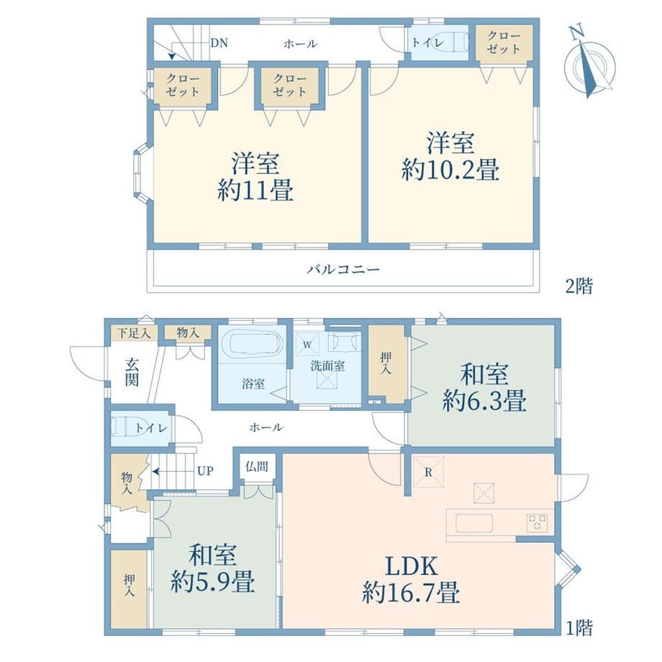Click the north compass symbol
(x=589, y=63)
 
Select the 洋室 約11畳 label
(x=255, y=177)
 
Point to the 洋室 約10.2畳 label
(x=450, y=156)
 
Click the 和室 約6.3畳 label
(x=484, y=387)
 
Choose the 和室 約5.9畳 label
(x=212, y=568)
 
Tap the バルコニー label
(x=343, y=269)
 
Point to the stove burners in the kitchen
(x=538, y=522)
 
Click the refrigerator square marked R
(x=428, y=471)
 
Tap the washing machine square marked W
(x=308, y=345)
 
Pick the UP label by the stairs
(x=206, y=471)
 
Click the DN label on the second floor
(x=219, y=42)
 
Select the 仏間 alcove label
(x=257, y=466)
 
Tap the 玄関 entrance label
(x=132, y=372)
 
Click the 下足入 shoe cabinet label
(x=134, y=333)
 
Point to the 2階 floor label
(x=579, y=286)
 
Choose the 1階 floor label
(x=579, y=627)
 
